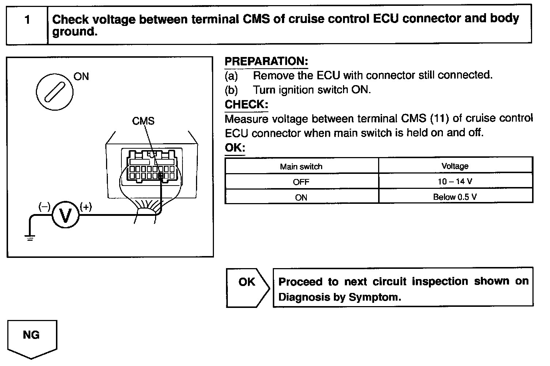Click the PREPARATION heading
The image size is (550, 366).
pyautogui.click(x=266, y=61)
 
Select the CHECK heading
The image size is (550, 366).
pyautogui.click(x=246, y=104)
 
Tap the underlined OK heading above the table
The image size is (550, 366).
pyautogui.click(x=235, y=148)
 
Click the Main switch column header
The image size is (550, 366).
pyautogui.click(x=301, y=167)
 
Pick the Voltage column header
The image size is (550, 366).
pyautogui.click(x=455, y=166)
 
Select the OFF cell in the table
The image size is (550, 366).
pyautogui.click(x=301, y=182)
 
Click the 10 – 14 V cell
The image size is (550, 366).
pyautogui.click(x=455, y=182)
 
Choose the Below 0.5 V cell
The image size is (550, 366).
pyautogui.click(x=455, y=197)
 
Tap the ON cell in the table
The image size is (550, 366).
pyautogui.click(x=301, y=197)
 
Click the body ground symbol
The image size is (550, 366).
pyautogui.click(x=30, y=238)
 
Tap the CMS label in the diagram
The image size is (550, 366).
pyautogui.click(x=143, y=121)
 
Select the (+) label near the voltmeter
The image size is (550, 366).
pyautogui.click(x=86, y=207)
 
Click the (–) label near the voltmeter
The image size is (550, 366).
pyautogui.click(x=44, y=207)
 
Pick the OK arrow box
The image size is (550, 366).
pyautogui.click(x=247, y=287)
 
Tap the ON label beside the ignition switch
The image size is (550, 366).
pyautogui.click(x=81, y=76)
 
